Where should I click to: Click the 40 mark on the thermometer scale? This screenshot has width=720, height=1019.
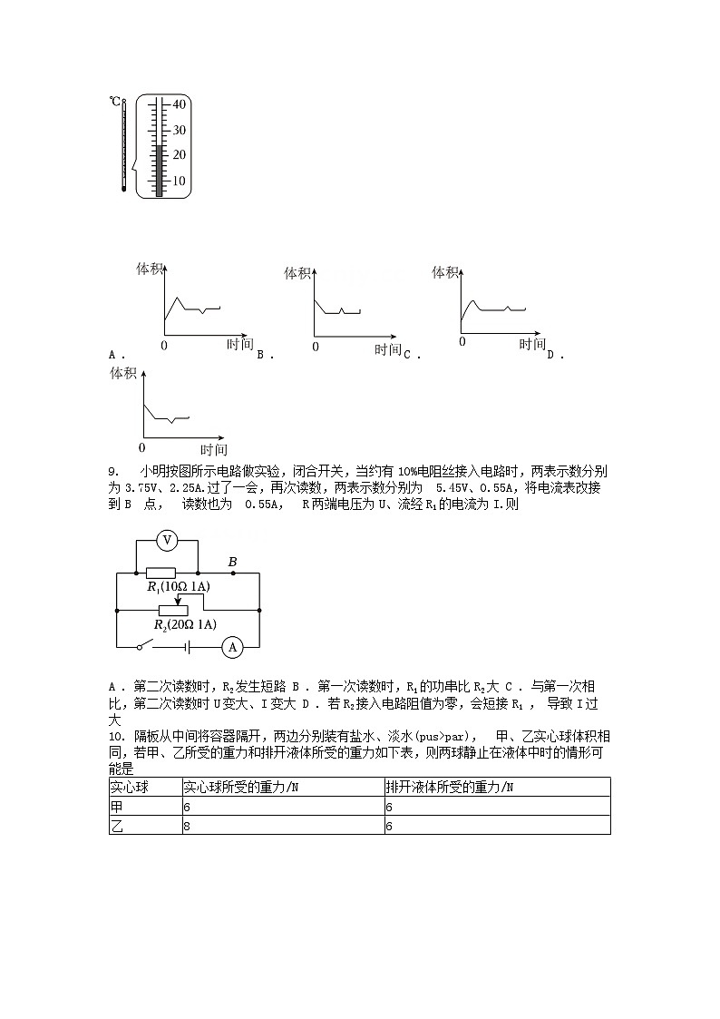(179, 104)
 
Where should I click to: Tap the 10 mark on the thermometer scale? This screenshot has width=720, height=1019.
(179, 181)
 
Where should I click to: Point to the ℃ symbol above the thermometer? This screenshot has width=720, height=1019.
(116, 102)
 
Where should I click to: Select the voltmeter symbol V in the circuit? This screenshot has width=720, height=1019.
(166, 541)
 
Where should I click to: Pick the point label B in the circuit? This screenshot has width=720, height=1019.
(232, 563)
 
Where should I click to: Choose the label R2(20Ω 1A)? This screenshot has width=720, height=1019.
(185, 625)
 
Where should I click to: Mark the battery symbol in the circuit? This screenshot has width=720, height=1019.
(186, 647)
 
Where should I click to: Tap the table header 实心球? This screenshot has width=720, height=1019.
(128, 787)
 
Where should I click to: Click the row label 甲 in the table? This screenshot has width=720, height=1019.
(116, 807)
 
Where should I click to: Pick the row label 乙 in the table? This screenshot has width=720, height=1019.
(116, 826)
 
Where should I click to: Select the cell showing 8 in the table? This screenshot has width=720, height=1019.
(188, 826)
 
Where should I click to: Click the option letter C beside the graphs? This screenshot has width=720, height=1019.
(407, 356)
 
